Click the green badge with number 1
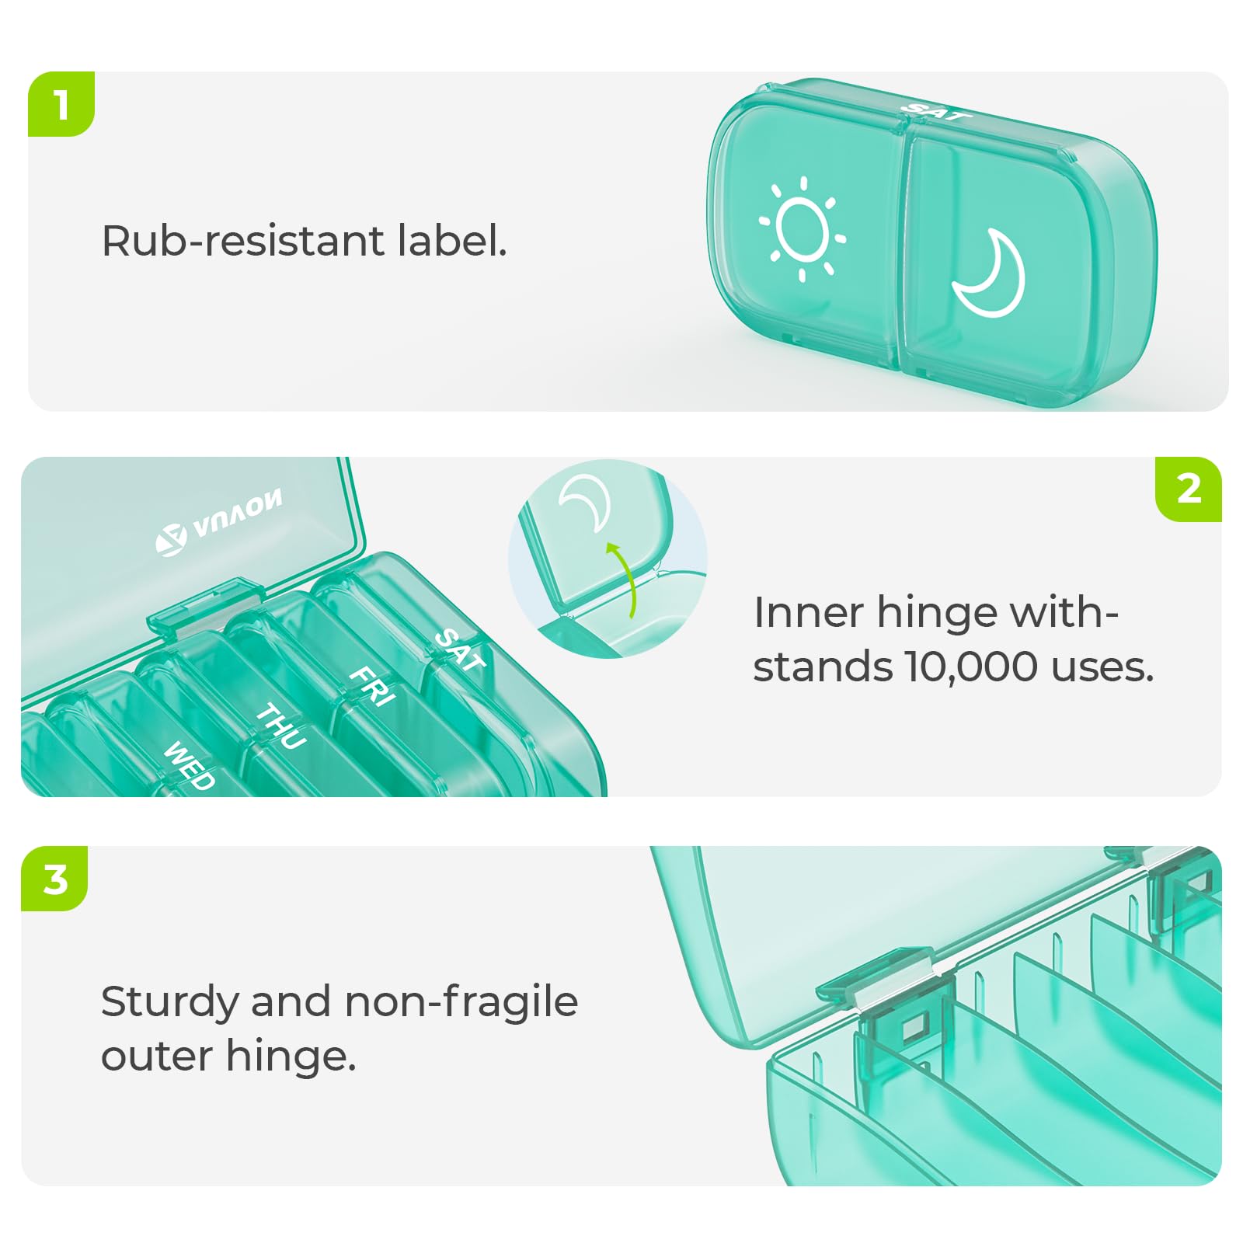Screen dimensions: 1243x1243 click(61, 104)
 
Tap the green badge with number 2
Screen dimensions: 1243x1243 click(1189, 489)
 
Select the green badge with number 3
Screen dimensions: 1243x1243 click(55, 879)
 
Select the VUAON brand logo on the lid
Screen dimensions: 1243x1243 click(220, 521)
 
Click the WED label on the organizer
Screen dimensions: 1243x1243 click(189, 765)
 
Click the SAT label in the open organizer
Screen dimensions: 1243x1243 click(460, 649)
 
